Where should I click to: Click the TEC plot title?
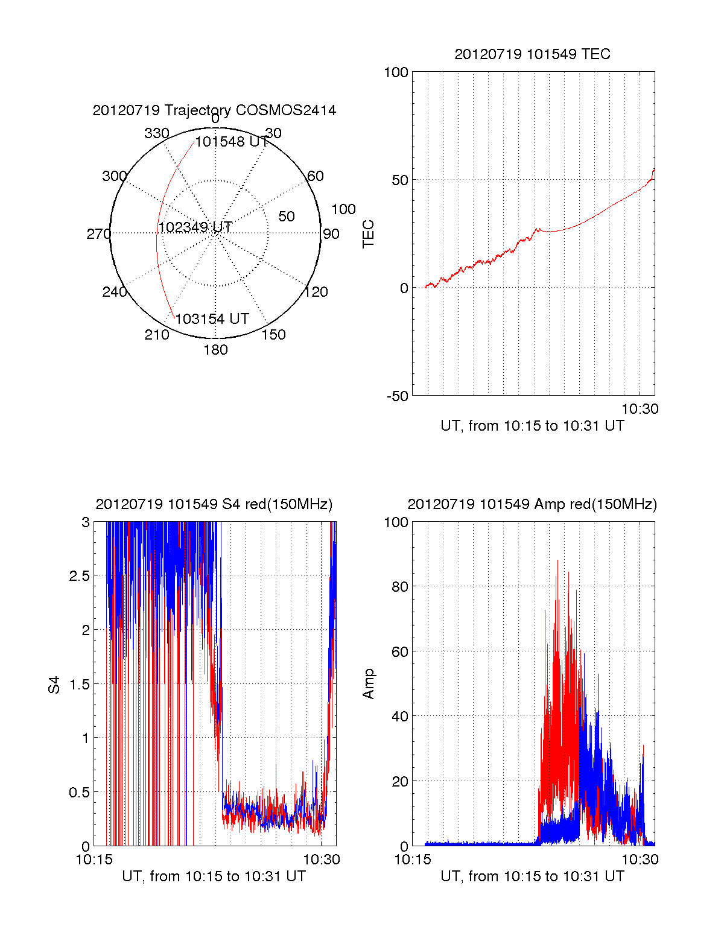(532, 54)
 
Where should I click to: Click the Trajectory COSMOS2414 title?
(214, 110)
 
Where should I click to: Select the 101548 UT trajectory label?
(232, 142)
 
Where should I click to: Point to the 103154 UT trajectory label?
(212, 319)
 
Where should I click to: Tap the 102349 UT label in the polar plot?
(195, 227)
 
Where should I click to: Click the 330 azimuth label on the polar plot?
(157, 133)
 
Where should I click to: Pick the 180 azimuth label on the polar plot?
(215, 350)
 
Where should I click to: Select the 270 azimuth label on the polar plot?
(98, 234)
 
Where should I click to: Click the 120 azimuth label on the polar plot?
(316, 292)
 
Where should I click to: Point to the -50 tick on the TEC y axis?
(398, 396)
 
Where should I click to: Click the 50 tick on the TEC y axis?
(400, 180)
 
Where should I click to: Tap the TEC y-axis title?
(368, 234)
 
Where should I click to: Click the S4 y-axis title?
(54, 685)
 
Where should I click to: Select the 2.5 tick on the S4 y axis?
(79, 576)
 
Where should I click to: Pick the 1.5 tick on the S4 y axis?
(79, 684)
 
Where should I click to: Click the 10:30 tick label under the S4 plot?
(322, 860)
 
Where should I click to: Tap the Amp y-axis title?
(368, 684)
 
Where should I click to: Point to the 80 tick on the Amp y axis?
(400, 586)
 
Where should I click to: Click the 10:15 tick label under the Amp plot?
(413, 860)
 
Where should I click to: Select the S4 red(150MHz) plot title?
(214, 504)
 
